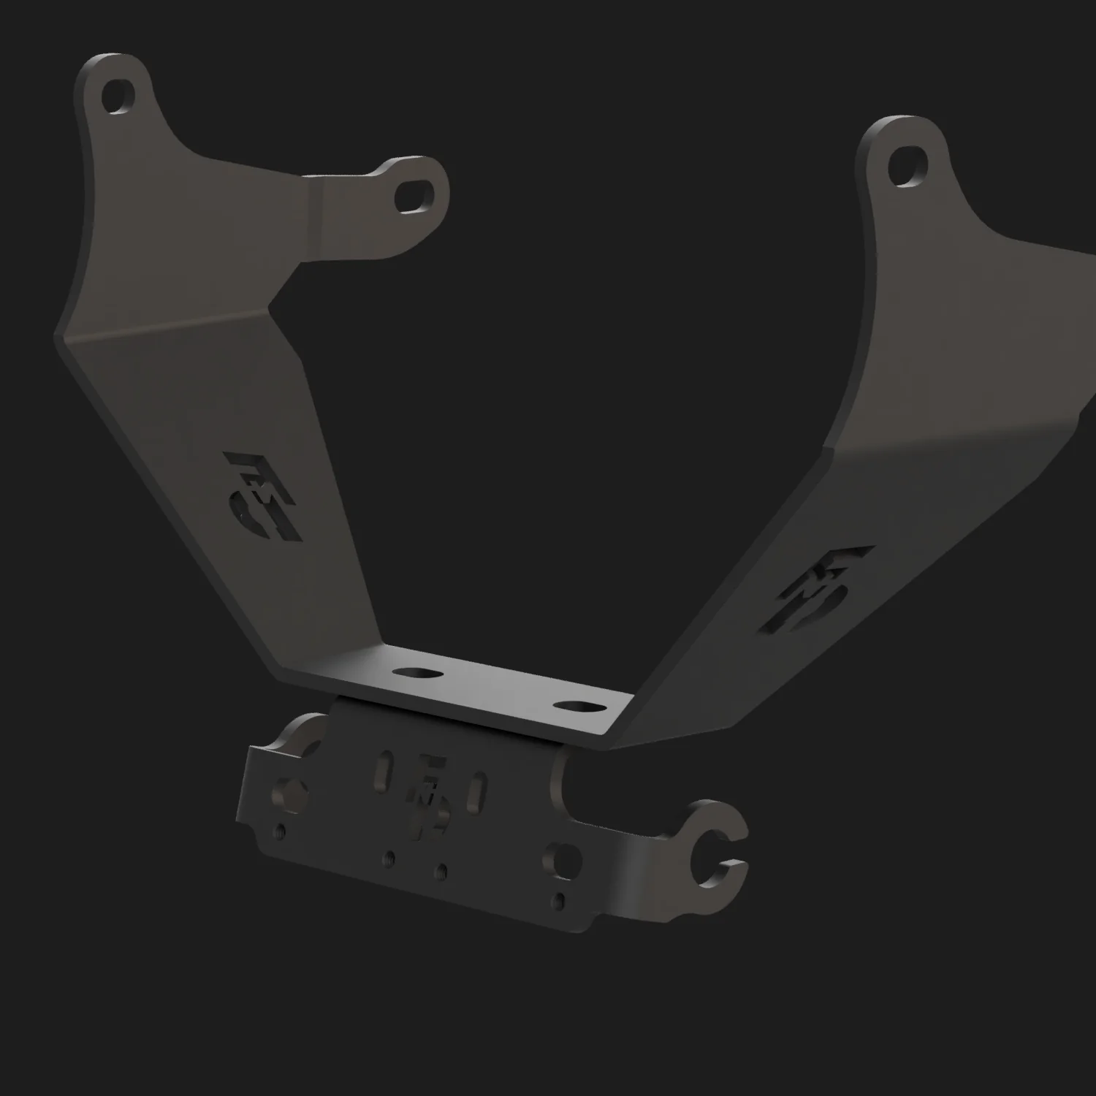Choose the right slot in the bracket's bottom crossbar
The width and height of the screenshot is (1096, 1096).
pos(575,707)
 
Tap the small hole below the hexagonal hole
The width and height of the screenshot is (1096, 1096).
pos(280,831)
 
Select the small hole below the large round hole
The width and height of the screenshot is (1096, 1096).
pos(560,898)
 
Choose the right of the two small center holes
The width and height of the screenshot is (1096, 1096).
pos(441,871)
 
